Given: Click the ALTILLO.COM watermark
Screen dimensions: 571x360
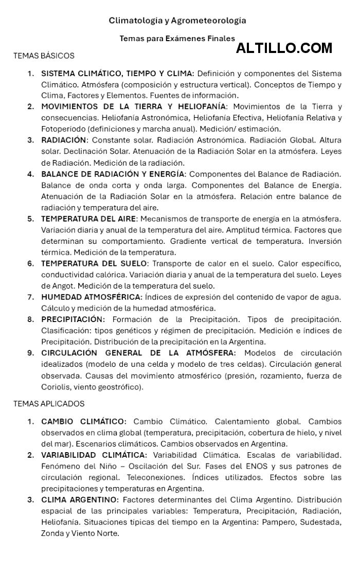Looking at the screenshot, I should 284,48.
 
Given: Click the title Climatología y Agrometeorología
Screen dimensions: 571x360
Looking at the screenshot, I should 177,21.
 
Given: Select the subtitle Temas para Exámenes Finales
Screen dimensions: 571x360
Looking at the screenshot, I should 177,38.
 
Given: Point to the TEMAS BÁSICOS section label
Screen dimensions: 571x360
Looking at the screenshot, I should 44,56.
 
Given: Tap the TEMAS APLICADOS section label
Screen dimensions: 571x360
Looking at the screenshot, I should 49,404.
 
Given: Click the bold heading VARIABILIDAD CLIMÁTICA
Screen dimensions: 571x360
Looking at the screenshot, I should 94,455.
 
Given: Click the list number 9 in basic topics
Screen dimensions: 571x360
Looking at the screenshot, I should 31,353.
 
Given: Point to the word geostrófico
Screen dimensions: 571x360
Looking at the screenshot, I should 121,387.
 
